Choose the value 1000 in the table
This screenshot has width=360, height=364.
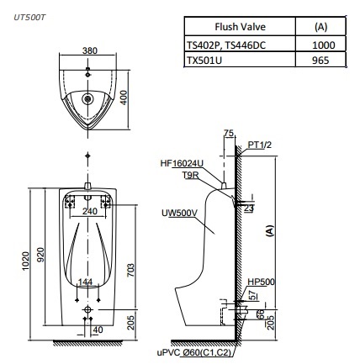320,45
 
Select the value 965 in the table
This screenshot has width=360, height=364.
320,61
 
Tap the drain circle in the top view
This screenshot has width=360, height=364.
88,99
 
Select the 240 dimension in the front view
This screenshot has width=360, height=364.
88,210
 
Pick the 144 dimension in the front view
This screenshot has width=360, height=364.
85,280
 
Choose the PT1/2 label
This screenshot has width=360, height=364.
259,145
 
